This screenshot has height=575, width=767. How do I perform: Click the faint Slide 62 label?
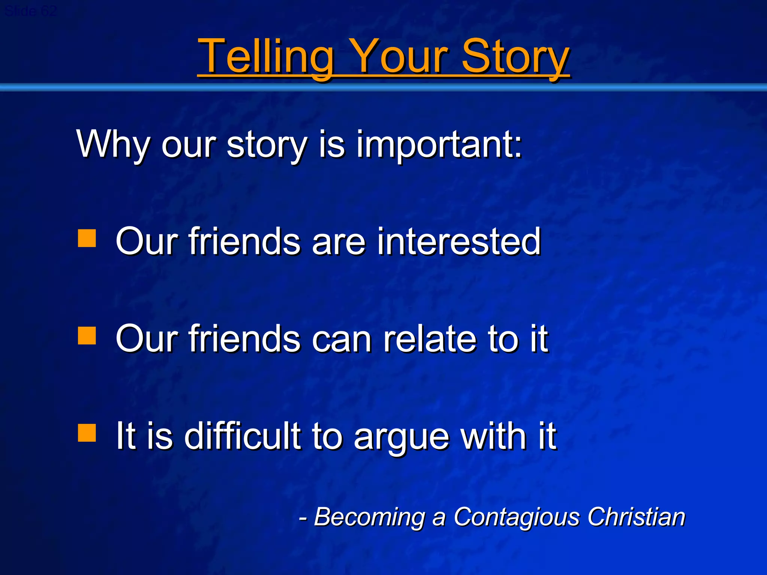pos(31,11)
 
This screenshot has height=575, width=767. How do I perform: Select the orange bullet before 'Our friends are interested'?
pos(87,238)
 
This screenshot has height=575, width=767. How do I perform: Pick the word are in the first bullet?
pos(339,241)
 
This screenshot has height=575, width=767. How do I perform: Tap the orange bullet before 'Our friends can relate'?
pos(87,335)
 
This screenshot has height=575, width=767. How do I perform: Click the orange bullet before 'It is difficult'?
pos(87,433)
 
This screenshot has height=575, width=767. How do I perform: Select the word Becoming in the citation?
pos(369,517)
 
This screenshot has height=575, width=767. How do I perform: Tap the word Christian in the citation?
pos(636,517)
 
